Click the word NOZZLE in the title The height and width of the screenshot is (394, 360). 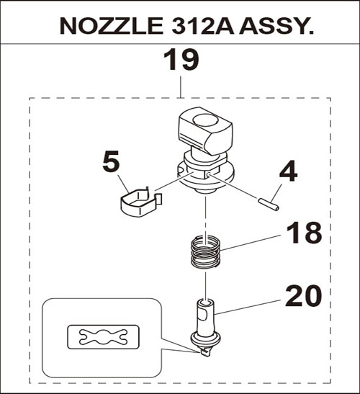(112, 26)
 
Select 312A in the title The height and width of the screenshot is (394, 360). (203, 26)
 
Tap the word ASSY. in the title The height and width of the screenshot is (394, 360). (276, 26)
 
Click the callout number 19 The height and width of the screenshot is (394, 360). (181, 60)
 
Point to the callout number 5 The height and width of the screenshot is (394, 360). (111, 161)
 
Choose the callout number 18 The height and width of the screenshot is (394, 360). (304, 233)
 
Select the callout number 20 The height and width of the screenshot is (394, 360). (303, 295)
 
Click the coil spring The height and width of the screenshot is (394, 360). (205, 251)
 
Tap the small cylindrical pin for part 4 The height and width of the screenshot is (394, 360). (269, 205)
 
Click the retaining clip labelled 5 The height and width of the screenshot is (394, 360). (140, 202)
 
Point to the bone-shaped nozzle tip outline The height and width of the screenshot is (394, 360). (103, 336)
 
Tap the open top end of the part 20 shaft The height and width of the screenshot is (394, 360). (205, 302)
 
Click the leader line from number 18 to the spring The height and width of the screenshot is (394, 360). (251, 243)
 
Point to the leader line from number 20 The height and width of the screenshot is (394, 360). (248, 307)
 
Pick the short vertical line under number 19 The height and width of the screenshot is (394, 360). (181, 87)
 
